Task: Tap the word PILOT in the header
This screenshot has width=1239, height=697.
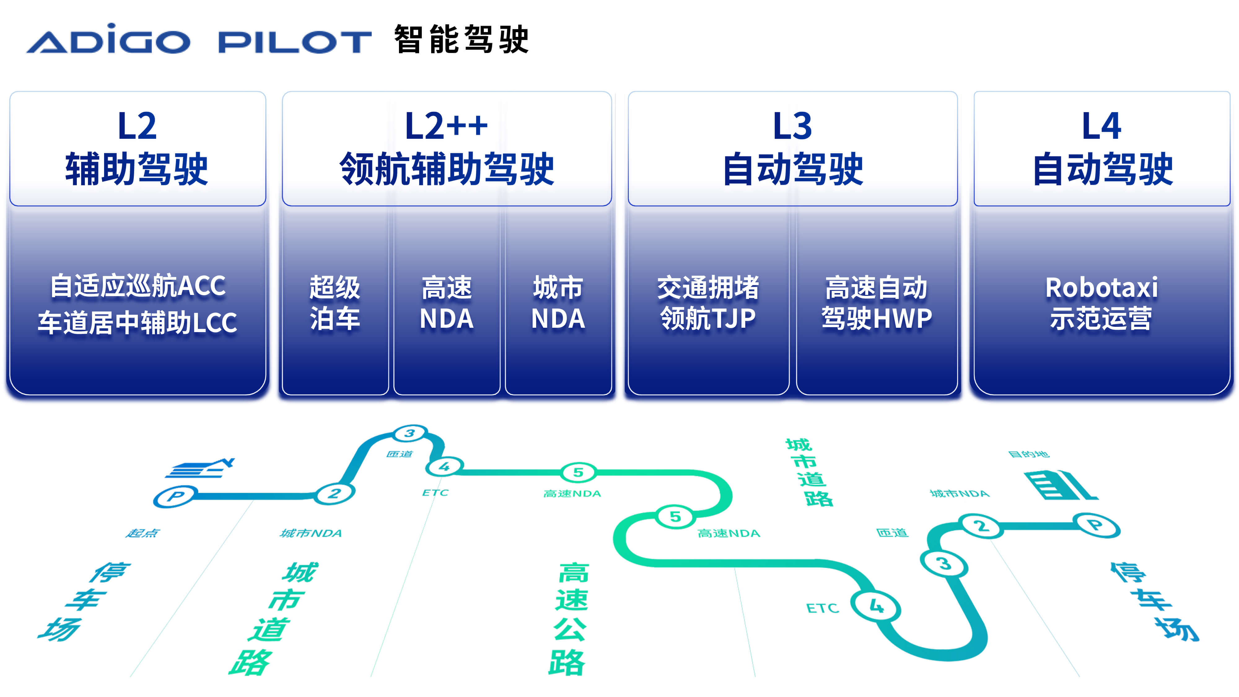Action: (295, 42)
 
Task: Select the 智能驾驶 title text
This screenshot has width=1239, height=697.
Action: (461, 39)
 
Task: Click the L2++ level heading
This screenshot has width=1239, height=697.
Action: (446, 126)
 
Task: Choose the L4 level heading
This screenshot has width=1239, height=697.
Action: (1101, 126)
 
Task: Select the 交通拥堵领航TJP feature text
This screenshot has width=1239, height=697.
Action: (708, 303)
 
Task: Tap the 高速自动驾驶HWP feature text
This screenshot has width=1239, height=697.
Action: (876, 303)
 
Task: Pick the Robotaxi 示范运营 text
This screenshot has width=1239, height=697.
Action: (1101, 303)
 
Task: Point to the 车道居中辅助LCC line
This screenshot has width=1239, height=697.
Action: (138, 322)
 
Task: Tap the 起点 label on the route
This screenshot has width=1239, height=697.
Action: (142, 533)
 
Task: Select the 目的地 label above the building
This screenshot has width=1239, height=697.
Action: (1029, 454)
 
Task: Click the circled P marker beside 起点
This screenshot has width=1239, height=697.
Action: (175, 496)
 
